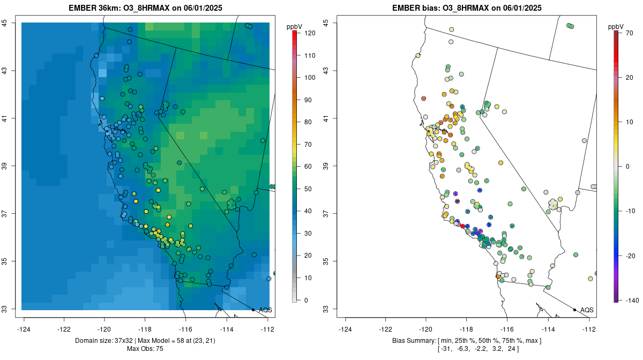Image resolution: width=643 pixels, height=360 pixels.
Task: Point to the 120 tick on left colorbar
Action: pos(310,33)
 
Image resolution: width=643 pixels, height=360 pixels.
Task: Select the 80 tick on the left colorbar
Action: pos(308,122)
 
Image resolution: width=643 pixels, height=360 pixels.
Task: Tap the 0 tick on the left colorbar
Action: pos(306,300)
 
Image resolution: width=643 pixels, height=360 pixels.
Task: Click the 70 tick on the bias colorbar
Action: pos(629,33)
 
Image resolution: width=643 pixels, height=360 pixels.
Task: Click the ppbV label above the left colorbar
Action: pos(295,26)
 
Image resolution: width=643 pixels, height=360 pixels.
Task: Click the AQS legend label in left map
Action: pos(265,310)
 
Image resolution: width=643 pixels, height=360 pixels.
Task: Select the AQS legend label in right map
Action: pos(587,310)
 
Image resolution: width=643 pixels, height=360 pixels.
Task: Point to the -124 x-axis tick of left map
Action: pos(24,329)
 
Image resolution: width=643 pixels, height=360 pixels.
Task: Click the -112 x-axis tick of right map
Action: pos(589,329)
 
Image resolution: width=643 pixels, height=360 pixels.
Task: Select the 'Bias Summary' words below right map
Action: pos(412,341)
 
